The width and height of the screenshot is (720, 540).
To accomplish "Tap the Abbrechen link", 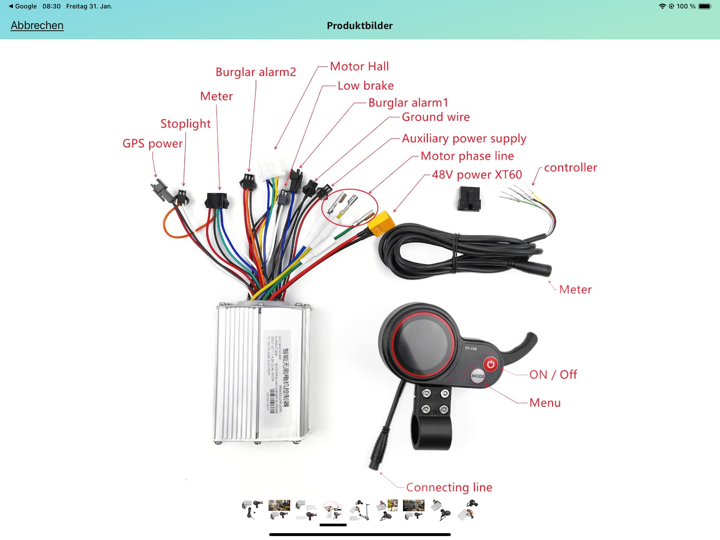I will [37, 25].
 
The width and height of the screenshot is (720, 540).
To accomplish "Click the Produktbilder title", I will [360, 26].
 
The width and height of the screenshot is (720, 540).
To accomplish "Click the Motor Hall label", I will [359, 66].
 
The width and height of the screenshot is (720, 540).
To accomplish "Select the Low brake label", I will [366, 86].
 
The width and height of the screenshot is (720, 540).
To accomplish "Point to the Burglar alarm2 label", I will [256, 72].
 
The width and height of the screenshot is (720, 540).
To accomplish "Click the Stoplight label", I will [186, 124].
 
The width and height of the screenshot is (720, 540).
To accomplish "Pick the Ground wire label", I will [436, 117].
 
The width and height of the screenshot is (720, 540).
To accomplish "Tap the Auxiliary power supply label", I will [464, 139].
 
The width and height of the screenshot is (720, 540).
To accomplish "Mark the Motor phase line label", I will [467, 156].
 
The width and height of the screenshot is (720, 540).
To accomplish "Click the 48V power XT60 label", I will [477, 175].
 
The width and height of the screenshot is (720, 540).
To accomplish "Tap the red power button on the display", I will [490, 364].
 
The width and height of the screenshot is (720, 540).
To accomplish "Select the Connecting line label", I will [449, 487].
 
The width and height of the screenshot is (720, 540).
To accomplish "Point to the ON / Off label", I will [553, 375].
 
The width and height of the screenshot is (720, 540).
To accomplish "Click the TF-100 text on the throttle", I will [471, 349].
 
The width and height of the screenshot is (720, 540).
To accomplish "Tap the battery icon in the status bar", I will [705, 6].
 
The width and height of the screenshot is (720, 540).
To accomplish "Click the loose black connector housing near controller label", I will [469, 199].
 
